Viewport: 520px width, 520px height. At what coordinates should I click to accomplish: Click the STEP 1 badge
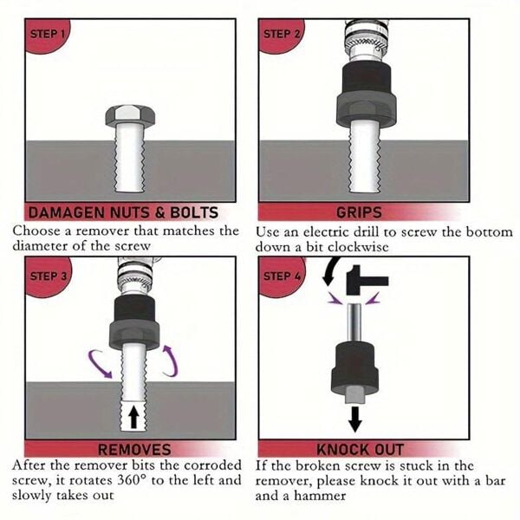click(x=47, y=36)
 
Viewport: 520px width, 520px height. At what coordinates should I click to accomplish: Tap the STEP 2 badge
click(x=281, y=36)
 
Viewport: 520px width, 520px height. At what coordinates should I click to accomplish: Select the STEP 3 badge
click(x=48, y=276)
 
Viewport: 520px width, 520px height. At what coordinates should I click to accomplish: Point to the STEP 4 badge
click(x=281, y=276)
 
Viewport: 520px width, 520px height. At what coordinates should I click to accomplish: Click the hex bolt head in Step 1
click(x=130, y=115)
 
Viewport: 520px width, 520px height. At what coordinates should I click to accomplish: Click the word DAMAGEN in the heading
click(x=67, y=213)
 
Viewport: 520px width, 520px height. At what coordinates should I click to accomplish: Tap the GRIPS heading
click(x=359, y=212)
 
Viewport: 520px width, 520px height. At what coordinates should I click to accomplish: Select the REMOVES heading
click(x=134, y=450)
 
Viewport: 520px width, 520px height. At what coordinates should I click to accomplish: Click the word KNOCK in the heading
click(x=338, y=450)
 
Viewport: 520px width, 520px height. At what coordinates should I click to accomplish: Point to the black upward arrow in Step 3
click(x=133, y=417)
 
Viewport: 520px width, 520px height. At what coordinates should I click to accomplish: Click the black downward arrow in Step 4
click(x=355, y=419)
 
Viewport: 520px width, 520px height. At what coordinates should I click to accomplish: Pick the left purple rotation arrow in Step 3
click(x=98, y=364)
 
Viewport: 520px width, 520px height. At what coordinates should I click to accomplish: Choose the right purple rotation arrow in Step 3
click(x=171, y=361)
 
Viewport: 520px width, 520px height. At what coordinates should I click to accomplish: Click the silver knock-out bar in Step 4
click(x=354, y=322)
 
